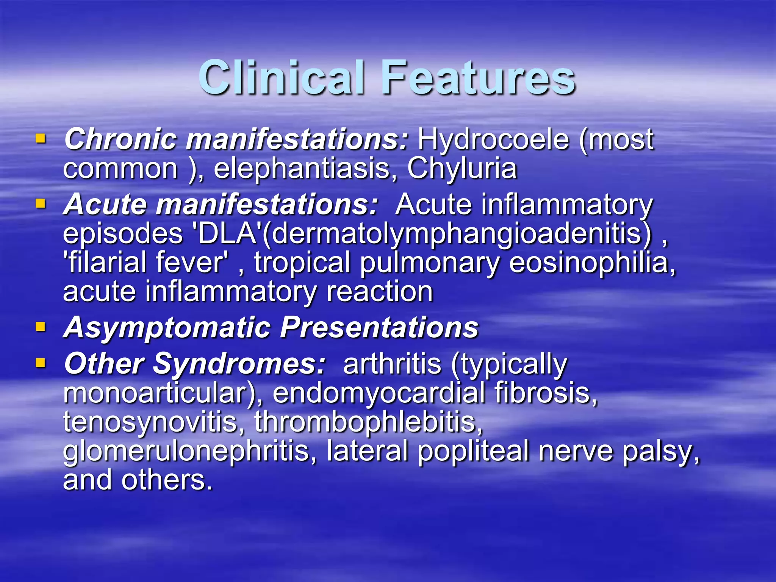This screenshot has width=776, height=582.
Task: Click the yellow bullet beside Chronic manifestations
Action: pos(41,139)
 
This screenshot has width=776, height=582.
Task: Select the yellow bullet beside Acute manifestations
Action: pos(41,204)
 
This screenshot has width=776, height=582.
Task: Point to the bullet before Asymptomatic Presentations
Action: pos(41,327)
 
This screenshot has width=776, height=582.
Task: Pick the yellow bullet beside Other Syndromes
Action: pos(41,363)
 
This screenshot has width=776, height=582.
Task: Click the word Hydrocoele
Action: pos(493,139)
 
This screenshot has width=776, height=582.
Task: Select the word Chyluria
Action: pos(462,168)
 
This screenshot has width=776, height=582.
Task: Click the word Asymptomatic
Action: pos(167,327)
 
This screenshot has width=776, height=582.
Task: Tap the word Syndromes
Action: pos(239,364)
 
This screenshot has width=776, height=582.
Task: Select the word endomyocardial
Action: pos(379,393)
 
